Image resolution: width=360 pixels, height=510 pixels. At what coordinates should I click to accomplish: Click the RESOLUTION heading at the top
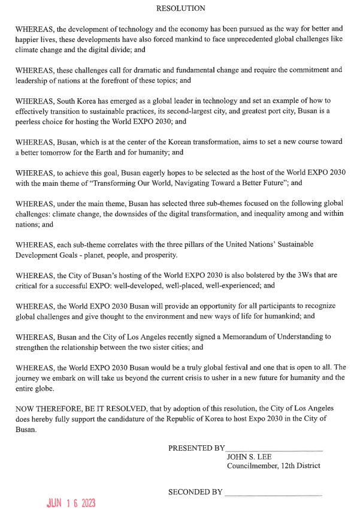pos(180,8)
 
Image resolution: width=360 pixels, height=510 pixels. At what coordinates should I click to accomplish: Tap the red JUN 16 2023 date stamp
pos(71,502)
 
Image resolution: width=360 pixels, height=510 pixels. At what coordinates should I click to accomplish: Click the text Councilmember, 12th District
pos(273,466)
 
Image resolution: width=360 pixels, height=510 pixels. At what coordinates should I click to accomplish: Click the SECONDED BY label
pos(195,492)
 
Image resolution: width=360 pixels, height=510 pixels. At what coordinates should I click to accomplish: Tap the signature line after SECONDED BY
pos(273,494)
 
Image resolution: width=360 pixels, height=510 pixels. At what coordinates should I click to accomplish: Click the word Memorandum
pos(219,337)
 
